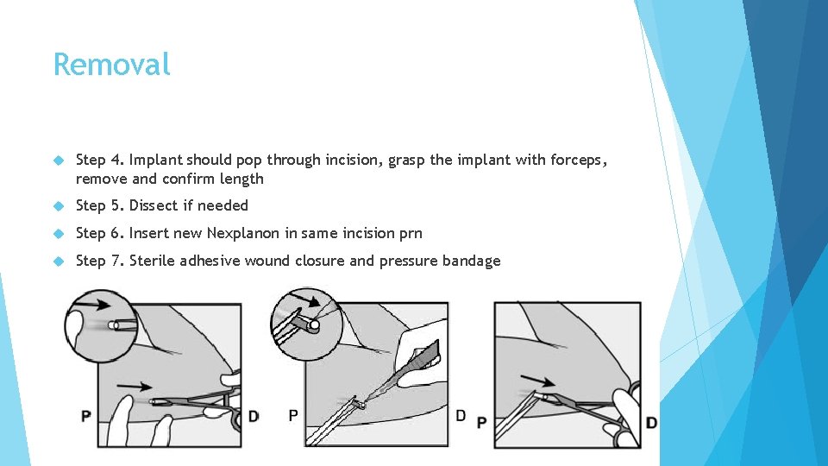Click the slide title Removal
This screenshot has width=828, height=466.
pyautogui.click(x=111, y=65)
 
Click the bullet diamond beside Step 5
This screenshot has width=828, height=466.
pyautogui.click(x=59, y=205)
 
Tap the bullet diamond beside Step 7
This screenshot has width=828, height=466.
pyautogui.click(x=59, y=261)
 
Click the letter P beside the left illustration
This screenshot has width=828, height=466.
pyautogui.click(x=86, y=416)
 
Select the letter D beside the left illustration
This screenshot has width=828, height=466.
pyautogui.click(x=254, y=416)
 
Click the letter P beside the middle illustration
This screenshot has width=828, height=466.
pyautogui.click(x=293, y=416)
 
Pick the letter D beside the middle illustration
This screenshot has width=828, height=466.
pyautogui.click(x=461, y=416)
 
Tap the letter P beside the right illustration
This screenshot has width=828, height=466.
pyautogui.click(x=481, y=423)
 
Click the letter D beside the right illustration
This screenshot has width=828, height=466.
pyautogui.click(x=652, y=423)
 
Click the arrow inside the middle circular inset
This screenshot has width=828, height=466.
pyautogui.click(x=305, y=299)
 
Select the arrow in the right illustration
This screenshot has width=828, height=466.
pyautogui.click(x=537, y=381)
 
